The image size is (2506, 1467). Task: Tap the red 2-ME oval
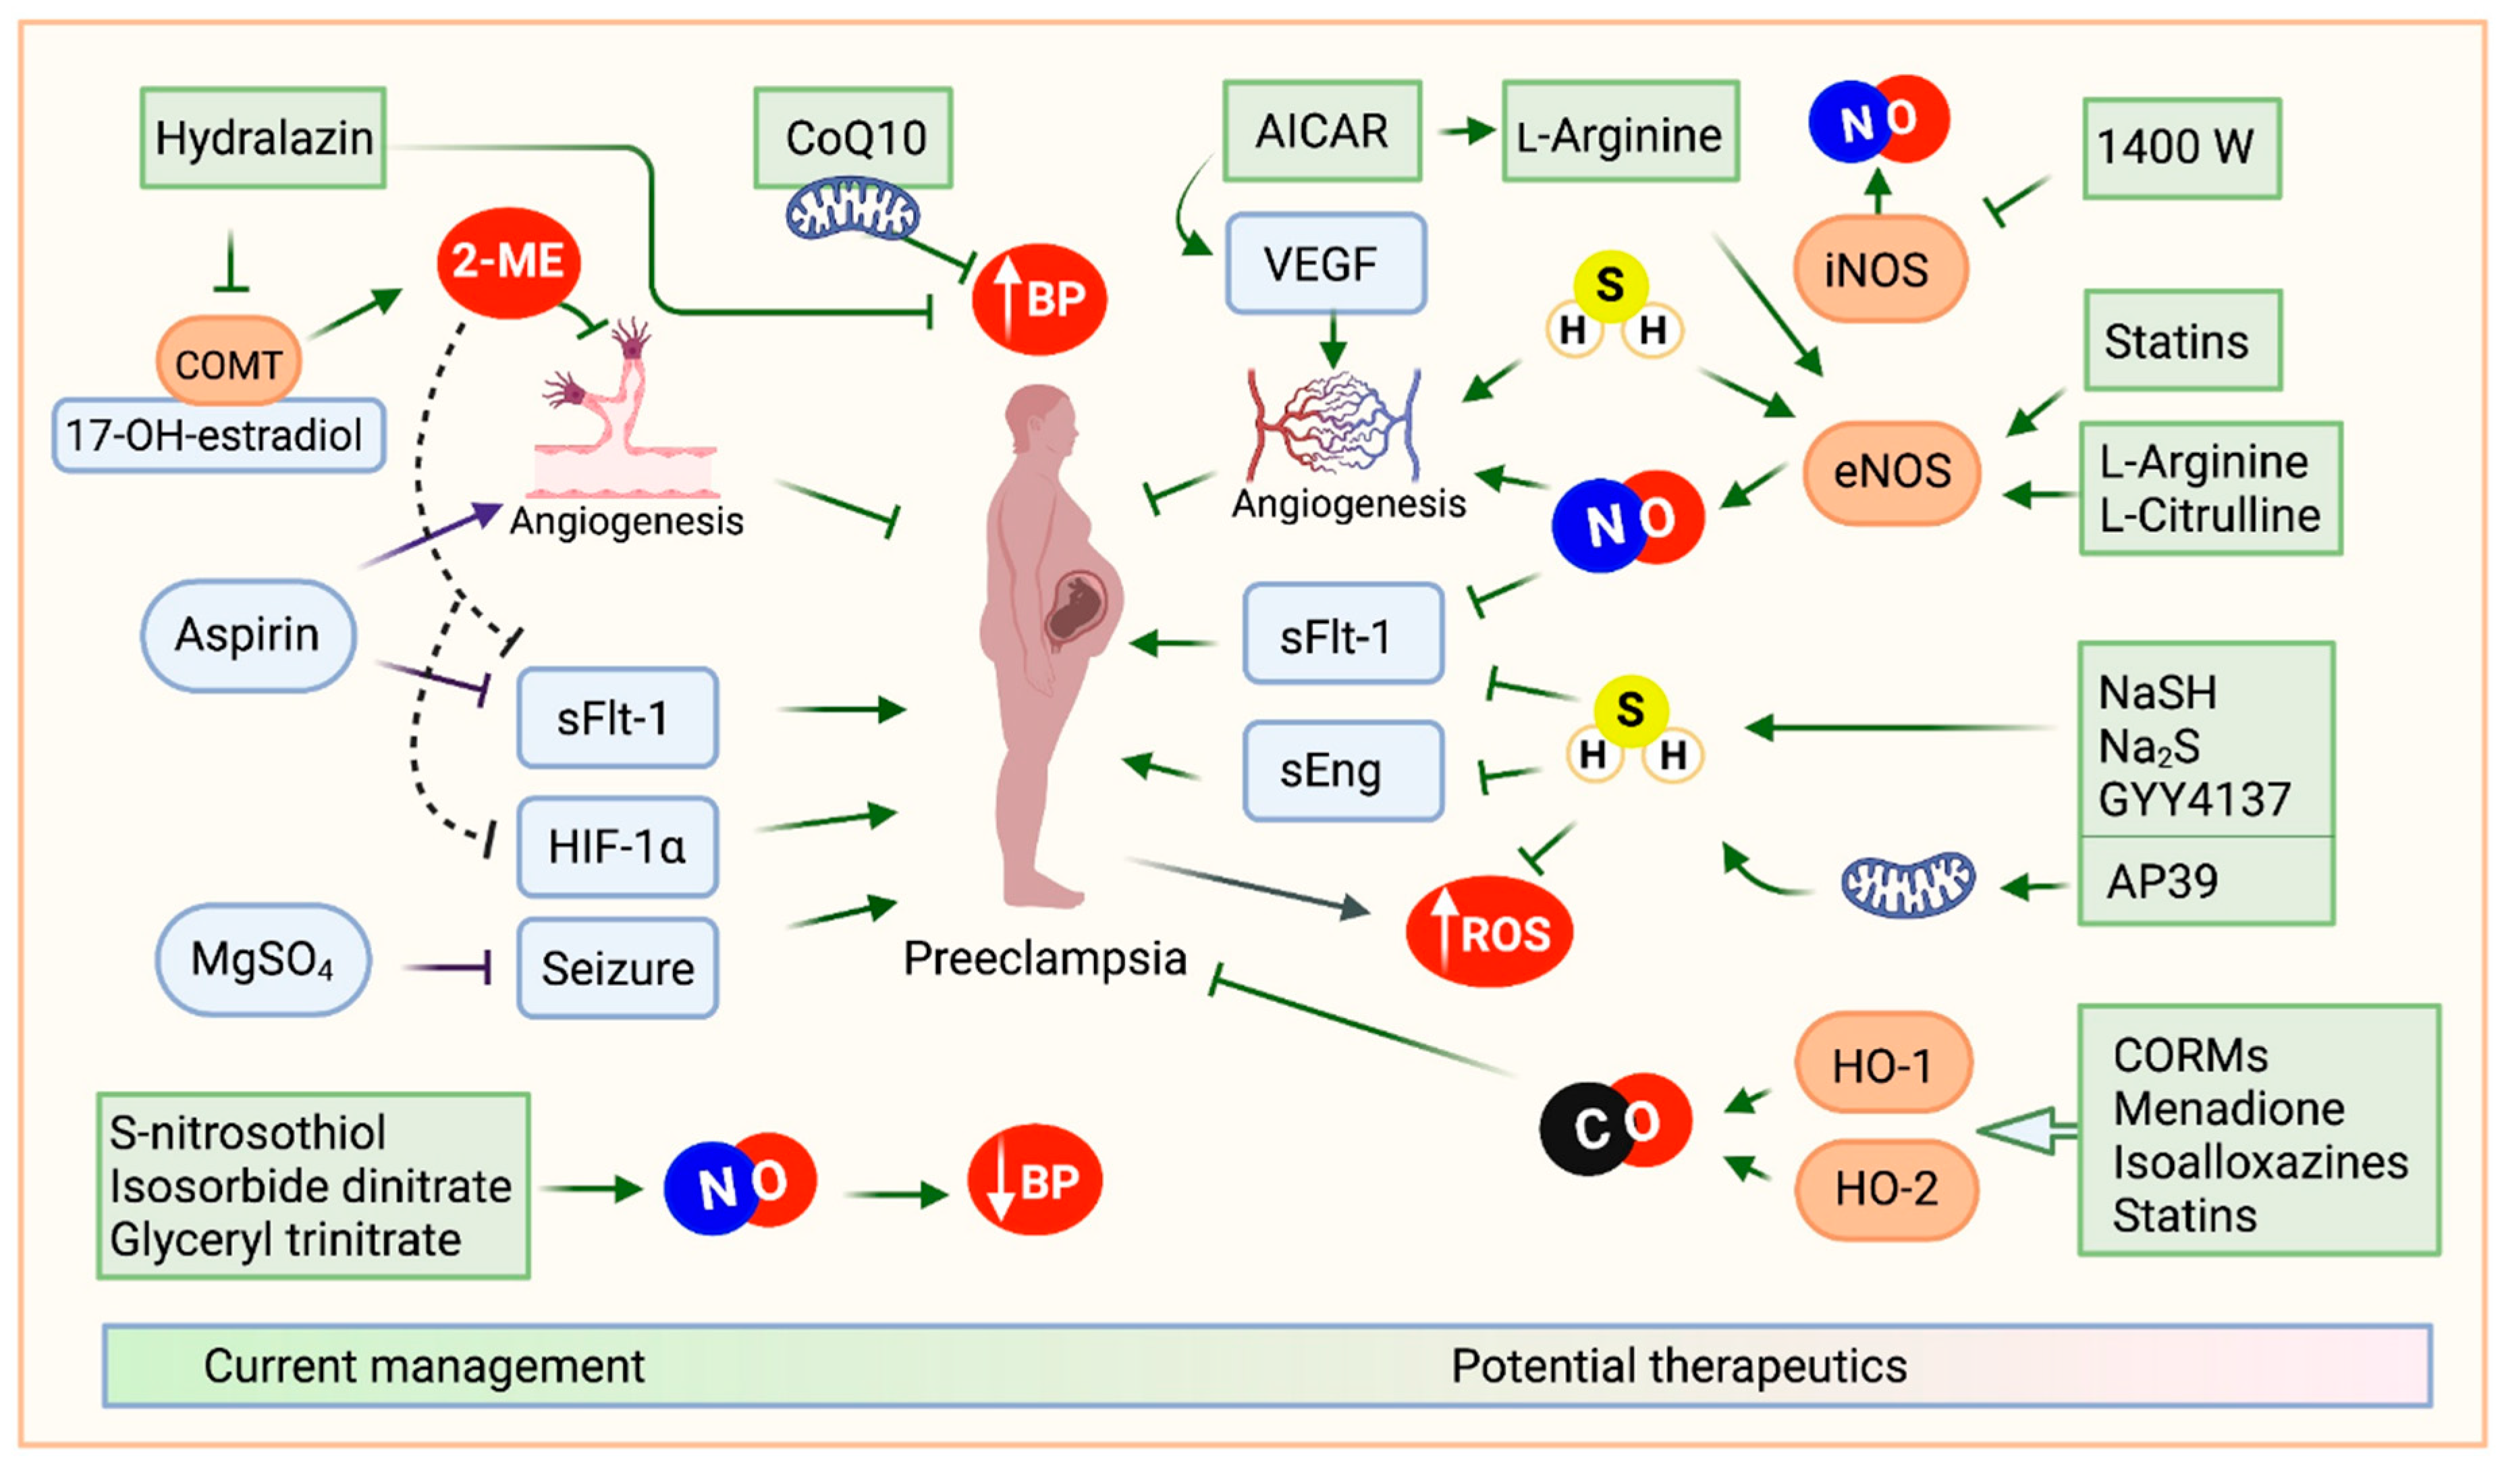pyautogui.click(x=508, y=261)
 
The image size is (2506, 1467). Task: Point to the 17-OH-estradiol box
pyautogui.click(x=218, y=435)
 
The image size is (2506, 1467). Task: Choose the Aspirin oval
pyautogui.click(x=248, y=635)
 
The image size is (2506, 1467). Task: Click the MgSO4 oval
pyautogui.click(x=263, y=959)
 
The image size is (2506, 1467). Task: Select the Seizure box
pyautogui.click(x=618, y=967)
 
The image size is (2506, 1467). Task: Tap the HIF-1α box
pyautogui.click(x=618, y=847)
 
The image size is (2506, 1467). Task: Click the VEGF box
pyautogui.click(x=1326, y=263)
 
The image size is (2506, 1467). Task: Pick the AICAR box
pyautogui.click(x=1322, y=131)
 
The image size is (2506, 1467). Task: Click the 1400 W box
pyautogui.click(x=2181, y=147)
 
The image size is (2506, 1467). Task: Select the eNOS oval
pyautogui.click(x=1891, y=471)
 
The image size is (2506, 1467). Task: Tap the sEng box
pyautogui.click(x=1342, y=771)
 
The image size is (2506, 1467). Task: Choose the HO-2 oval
pyautogui.click(x=1886, y=1188)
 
